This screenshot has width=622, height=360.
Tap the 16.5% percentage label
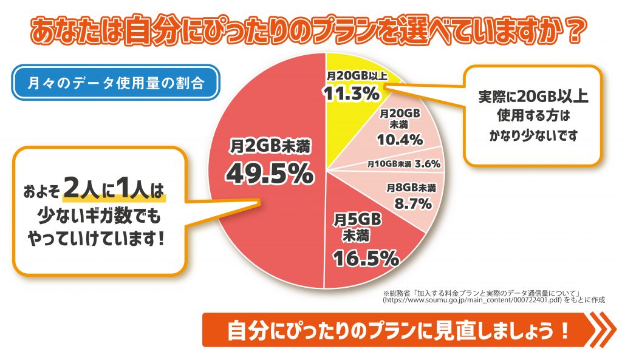point(364,259)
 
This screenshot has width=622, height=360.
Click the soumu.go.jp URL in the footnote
point(474,300)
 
